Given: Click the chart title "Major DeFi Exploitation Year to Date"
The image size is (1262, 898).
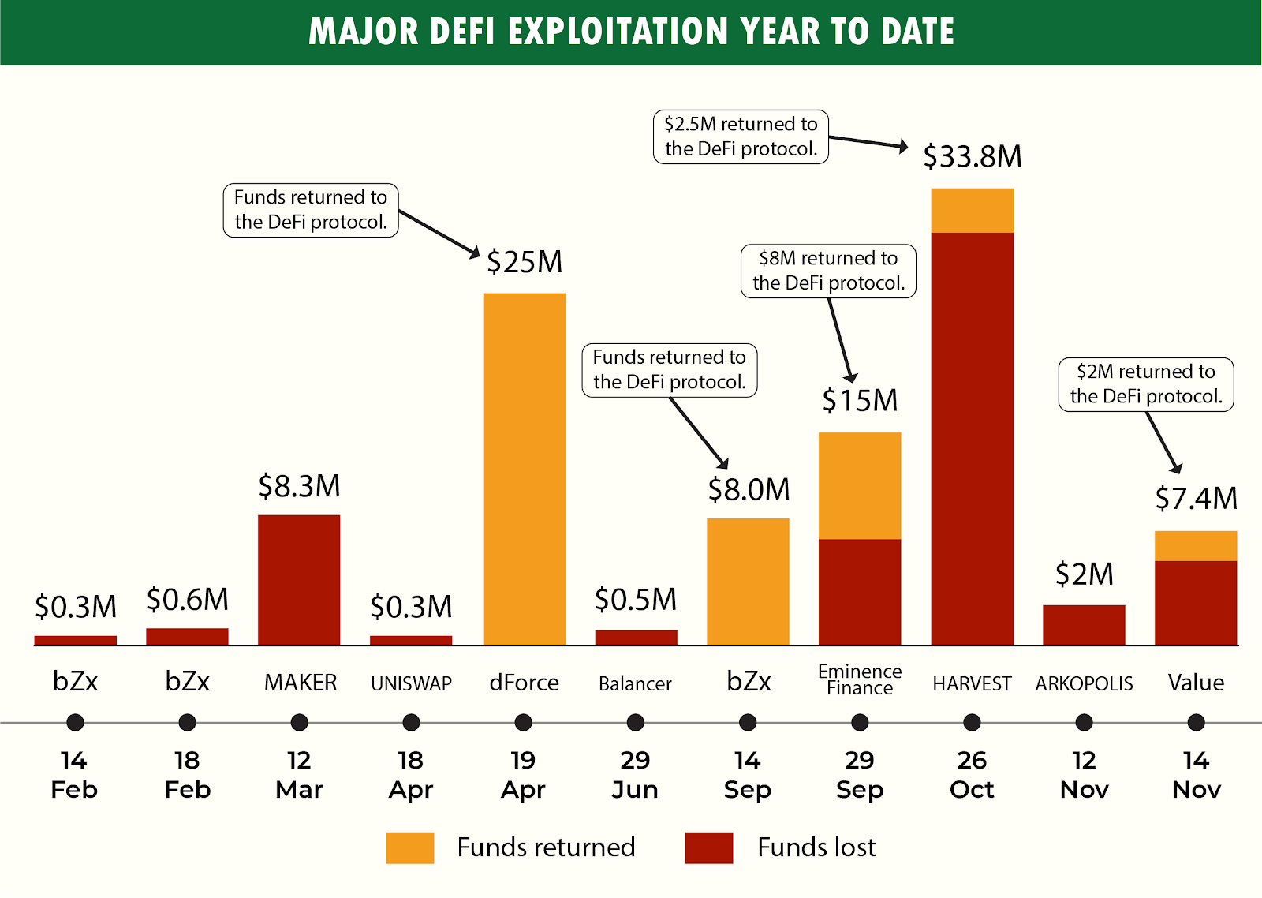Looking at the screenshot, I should (x=631, y=32).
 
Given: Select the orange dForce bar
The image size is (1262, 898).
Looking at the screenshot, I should (x=524, y=469).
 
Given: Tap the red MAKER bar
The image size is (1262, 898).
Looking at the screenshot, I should (x=299, y=580).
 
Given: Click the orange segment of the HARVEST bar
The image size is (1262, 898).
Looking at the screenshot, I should (x=972, y=211).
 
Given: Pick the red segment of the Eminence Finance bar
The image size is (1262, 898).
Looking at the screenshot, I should (x=860, y=592).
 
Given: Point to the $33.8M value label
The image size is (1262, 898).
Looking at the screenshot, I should (x=972, y=156).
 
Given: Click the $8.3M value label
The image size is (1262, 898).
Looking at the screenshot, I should (x=299, y=486).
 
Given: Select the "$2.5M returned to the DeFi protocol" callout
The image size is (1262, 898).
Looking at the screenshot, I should (x=741, y=137).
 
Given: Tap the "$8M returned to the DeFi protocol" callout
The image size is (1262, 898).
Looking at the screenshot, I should (x=828, y=271).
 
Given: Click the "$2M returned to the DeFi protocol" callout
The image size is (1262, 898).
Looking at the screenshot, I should (x=1145, y=384).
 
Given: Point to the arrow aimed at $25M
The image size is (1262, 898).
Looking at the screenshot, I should (x=439, y=233).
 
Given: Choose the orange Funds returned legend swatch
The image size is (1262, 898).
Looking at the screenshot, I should (x=409, y=847).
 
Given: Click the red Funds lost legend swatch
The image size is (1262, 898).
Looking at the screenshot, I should (x=708, y=847).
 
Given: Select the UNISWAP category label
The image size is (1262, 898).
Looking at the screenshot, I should (x=411, y=683).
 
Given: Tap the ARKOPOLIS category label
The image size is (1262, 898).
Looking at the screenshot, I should (x=1084, y=683).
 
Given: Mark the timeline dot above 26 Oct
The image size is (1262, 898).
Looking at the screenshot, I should (x=972, y=722).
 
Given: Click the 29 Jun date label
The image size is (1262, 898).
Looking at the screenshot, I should (x=635, y=774).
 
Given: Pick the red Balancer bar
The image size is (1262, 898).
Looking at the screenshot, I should (x=636, y=638).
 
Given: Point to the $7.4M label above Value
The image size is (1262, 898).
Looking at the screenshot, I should (x=1196, y=499).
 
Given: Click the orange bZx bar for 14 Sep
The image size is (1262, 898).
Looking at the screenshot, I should (x=748, y=582).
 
